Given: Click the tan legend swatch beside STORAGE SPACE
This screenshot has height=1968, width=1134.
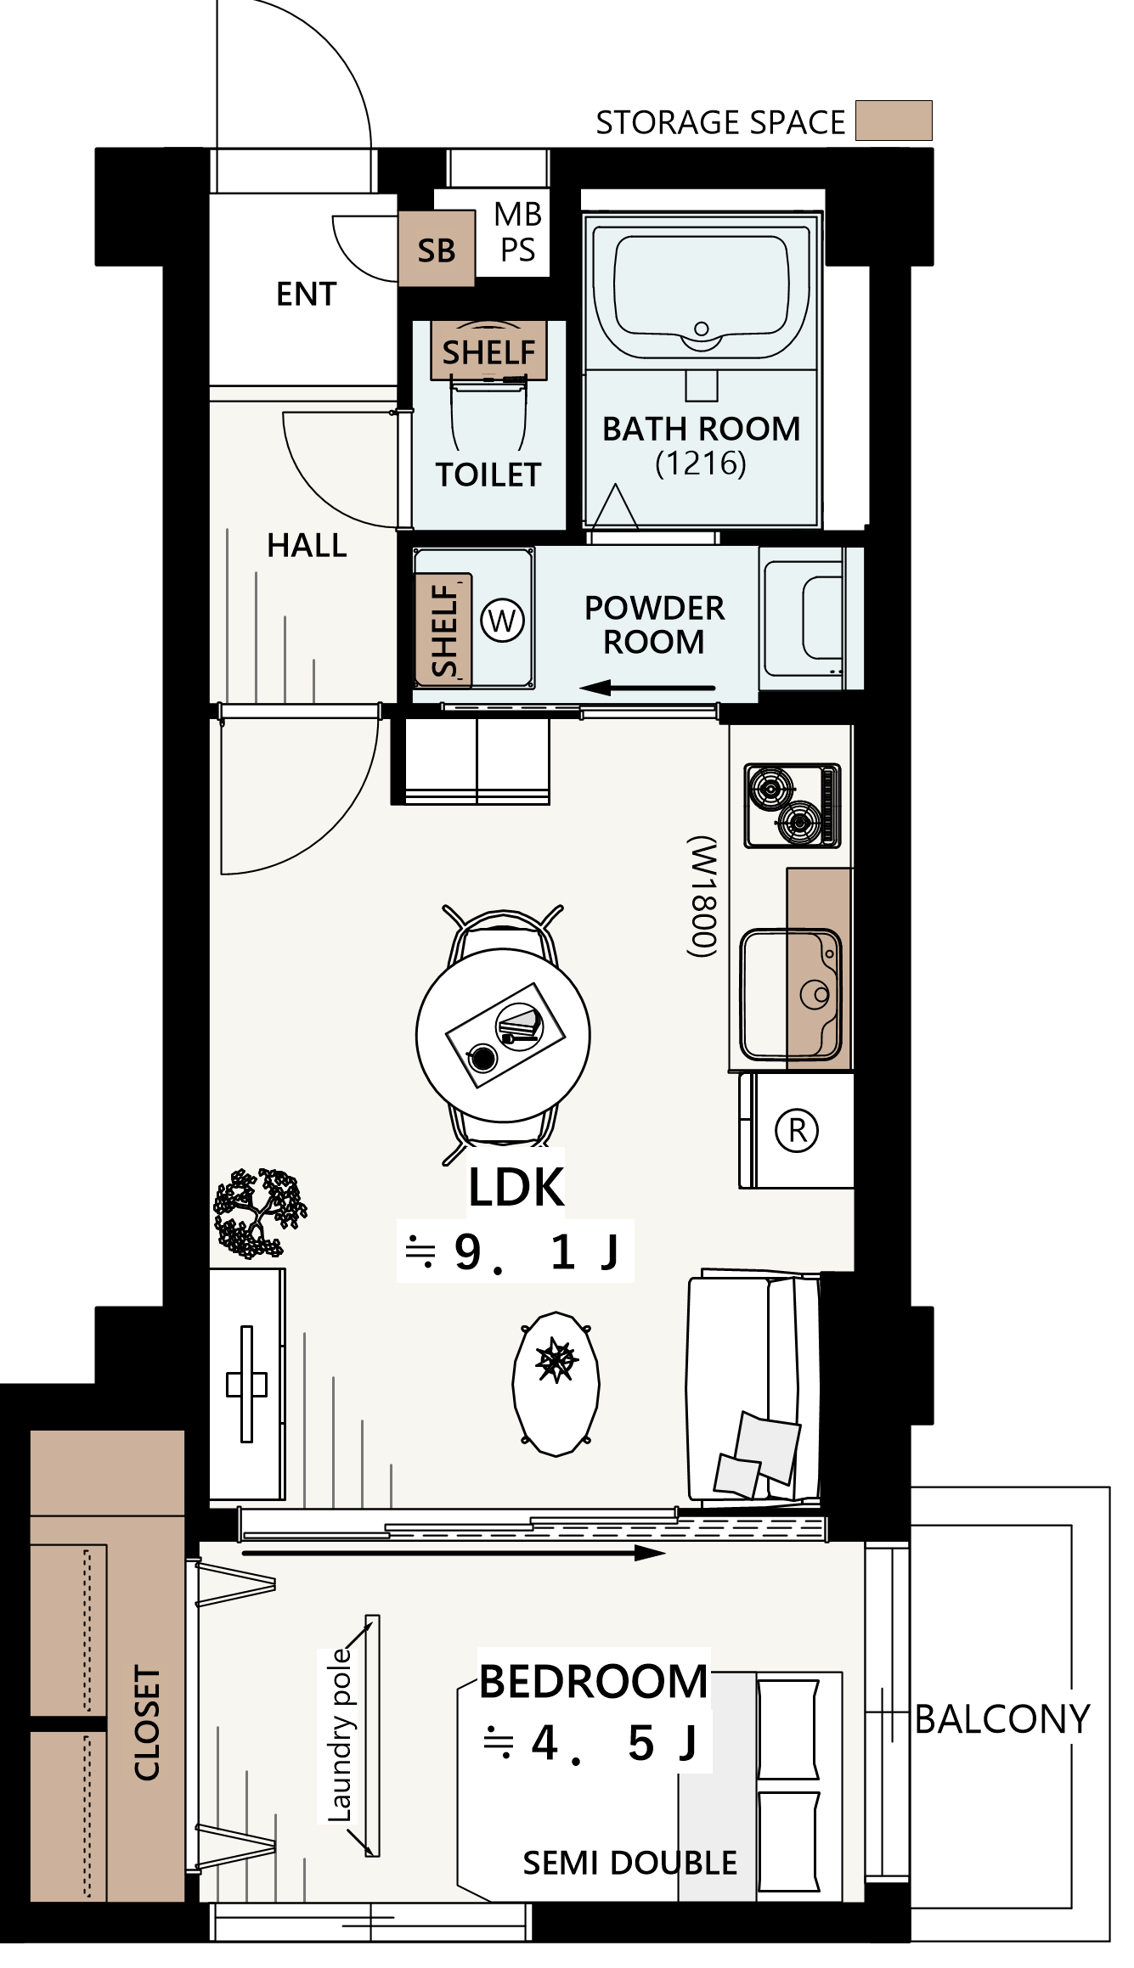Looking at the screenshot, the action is click(x=893, y=120).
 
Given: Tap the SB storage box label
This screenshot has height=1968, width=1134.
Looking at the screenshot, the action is click(x=436, y=250).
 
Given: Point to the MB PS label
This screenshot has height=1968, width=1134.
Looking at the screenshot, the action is click(x=518, y=232).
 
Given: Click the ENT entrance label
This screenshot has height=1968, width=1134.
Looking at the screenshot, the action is click(x=306, y=294).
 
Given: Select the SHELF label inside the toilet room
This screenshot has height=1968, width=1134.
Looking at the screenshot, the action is click(x=488, y=351).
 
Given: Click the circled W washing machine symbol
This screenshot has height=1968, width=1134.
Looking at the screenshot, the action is click(x=502, y=621).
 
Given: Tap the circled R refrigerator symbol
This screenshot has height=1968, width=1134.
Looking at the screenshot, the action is click(x=797, y=1130).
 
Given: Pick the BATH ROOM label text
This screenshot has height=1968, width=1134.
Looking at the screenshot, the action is click(x=701, y=429).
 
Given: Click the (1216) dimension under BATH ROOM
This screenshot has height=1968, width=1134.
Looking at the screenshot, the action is click(x=701, y=464).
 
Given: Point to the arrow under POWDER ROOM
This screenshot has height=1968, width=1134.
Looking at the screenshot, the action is click(x=648, y=688).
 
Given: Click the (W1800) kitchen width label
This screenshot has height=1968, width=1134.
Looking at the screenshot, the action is click(x=703, y=897).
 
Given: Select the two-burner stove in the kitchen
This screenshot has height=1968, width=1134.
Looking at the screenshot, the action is click(x=793, y=806).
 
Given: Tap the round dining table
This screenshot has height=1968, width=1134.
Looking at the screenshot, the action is click(x=503, y=1035).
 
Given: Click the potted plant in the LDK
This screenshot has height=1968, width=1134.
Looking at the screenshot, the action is click(x=259, y=1212).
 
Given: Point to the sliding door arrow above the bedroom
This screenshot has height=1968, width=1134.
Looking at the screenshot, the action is click(x=454, y=1553).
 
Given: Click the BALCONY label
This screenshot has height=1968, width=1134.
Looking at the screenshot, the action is click(x=1002, y=1719).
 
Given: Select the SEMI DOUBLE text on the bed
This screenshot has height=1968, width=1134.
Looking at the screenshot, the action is click(x=629, y=1863).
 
